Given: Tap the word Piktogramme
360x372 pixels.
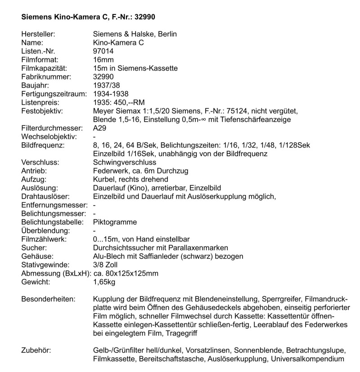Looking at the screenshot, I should click(115, 222).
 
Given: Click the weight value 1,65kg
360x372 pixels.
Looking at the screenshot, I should click(104, 282).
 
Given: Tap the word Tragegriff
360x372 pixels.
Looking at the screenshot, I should click(183, 333).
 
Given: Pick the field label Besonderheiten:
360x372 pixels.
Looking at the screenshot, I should click(49, 299).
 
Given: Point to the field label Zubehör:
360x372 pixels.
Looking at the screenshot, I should click(36, 350).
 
